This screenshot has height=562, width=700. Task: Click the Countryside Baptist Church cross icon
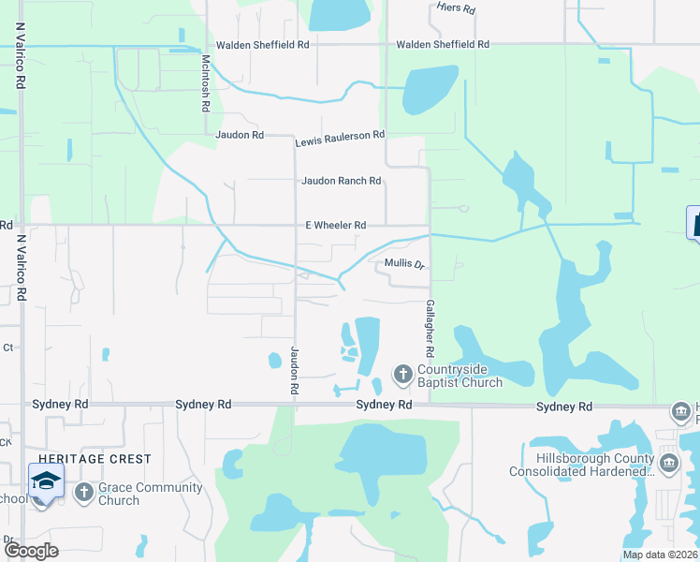point(403,375)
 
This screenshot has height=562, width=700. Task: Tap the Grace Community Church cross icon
point(83,492)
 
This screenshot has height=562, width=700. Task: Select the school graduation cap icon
point(46,481)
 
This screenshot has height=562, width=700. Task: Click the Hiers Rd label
point(457,7)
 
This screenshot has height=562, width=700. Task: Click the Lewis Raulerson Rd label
point(340,137)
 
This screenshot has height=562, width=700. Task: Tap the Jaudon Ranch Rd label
point(341,181)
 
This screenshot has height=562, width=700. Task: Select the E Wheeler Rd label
point(335,225)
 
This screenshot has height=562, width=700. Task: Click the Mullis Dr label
point(405,265)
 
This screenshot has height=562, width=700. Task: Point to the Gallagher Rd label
point(430,329)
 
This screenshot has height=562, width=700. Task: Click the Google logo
point(30,550)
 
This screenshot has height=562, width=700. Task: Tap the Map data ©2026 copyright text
point(660,555)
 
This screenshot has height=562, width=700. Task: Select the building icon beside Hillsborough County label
point(669,463)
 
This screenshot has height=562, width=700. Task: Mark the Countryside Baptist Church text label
point(460,376)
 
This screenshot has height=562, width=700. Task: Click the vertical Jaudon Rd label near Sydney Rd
point(294,369)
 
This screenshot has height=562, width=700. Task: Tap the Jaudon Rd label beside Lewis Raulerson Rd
point(240,135)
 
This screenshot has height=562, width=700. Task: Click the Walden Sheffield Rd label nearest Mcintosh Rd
point(262,45)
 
